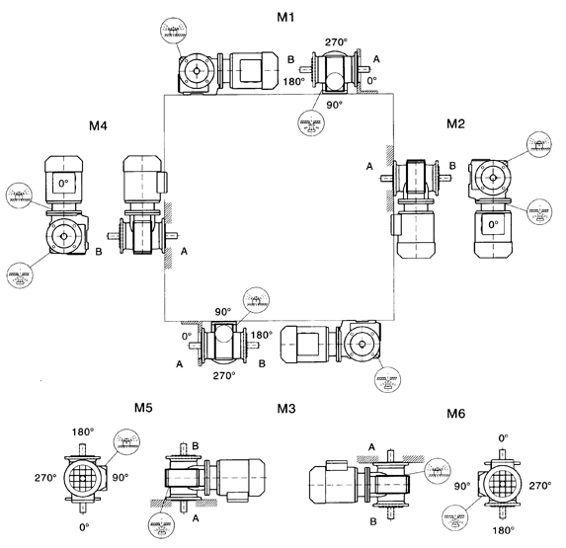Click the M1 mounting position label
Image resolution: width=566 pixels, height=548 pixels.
pos(285,17)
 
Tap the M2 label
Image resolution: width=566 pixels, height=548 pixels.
pos(455,123)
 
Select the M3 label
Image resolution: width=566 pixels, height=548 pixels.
pos(286,409)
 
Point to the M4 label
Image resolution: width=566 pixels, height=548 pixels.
pos(98,125)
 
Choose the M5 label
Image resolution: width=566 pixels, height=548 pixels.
pos(143,408)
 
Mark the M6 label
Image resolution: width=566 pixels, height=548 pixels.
pos(456,414)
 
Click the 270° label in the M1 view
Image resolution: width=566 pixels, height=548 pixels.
pos(336,42)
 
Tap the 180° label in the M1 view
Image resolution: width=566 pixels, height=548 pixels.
pos(293,82)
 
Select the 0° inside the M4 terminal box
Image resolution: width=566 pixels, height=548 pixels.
pos(63,184)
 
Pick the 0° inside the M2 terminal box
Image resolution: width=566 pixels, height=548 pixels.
pos(493,225)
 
